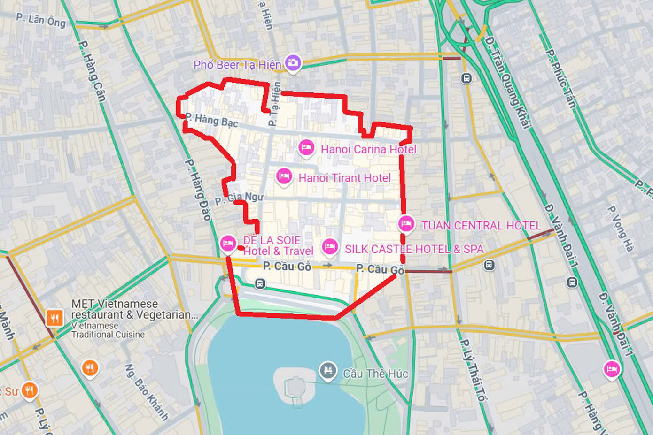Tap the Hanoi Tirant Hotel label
[344, 178]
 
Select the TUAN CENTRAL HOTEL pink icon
[406, 224]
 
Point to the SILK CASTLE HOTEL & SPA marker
[330, 247]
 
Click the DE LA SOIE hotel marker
[228, 244]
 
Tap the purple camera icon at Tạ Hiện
[293, 62]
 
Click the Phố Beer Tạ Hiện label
[237, 65]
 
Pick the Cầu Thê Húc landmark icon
[327, 371]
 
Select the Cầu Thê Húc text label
[375, 374]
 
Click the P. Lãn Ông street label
[41, 20]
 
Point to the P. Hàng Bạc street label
[212, 120]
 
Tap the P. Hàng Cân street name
[92, 71]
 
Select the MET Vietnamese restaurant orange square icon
[54, 318]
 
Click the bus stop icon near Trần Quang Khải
[466, 78]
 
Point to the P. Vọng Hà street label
[620, 229]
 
